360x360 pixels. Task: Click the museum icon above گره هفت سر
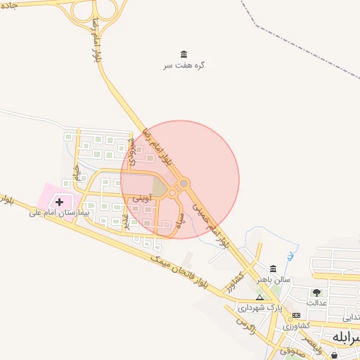pyautogui.click(x=184, y=54)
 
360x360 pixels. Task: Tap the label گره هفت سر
pyautogui.click(x=184, y=65)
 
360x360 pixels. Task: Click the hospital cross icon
pyautogui.click(x=59, y=202)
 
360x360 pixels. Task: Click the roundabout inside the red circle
pyautogui.click(x=184, y=184)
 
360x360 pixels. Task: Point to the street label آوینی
pyautogui.click(x=140, y=200)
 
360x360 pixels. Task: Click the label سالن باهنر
pyautogui.click(x=273, y=279)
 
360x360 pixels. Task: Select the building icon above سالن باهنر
pyautogui.click(x=273, y=269)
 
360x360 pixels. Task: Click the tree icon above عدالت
pyautogui.click(x=316, y=292)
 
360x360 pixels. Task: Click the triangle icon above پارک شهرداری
pyautogui.click(x=259, y=297)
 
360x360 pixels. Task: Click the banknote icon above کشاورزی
pyautogui.click(x=296, y=315)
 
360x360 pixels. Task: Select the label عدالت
pyautogui.click(x=317, y=302)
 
